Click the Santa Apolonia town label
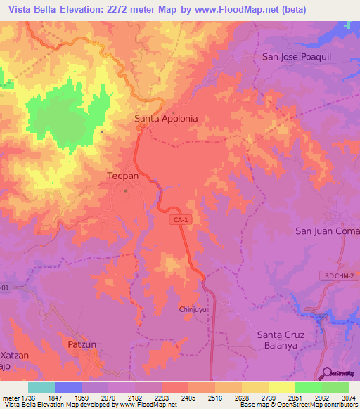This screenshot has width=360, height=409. (171, 119)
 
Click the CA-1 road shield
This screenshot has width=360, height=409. (180, 220)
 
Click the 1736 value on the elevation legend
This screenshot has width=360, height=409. (23, 397)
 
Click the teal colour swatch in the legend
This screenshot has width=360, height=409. (41, 387)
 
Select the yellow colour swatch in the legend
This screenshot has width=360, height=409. (282, 387)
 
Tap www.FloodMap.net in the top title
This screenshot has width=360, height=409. (275, 10)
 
